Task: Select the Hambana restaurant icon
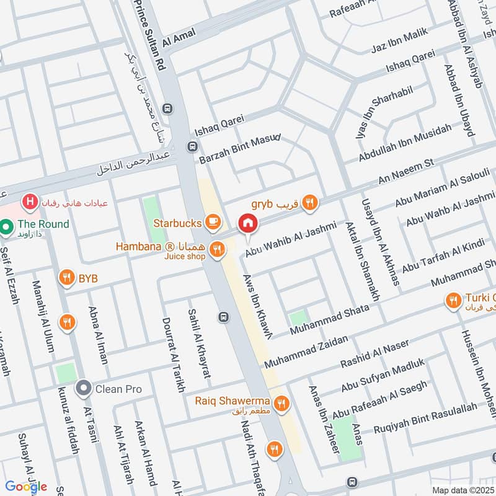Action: pos(216,249)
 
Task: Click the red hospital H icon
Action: pos(28,202)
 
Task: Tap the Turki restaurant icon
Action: pos(453,301)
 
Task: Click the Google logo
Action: pos(26,486)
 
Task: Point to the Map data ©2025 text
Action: pos(461,490)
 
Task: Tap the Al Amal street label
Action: pos(179,38)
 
